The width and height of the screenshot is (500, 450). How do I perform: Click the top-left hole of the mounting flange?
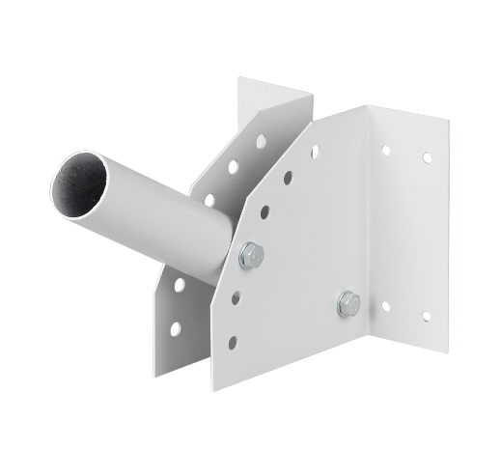point(385,151)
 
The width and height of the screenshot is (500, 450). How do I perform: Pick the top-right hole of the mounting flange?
point(426,157)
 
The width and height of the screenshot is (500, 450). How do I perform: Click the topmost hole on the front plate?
point(315,151)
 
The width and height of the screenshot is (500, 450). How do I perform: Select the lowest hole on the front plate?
point(232,340)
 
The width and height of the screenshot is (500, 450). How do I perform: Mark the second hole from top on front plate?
point(287,177)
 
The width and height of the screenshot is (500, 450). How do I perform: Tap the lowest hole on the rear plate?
point(175,328)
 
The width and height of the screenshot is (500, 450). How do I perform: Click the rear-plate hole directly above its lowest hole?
point(178,285)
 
